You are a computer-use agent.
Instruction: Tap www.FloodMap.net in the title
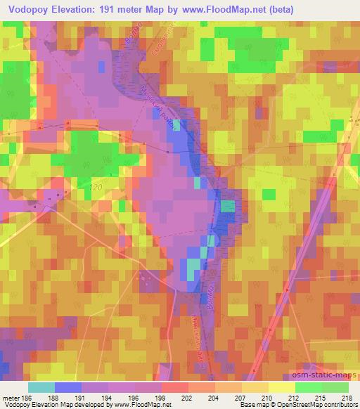[x=226, y=10]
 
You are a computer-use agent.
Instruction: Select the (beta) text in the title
[x=278, y=10]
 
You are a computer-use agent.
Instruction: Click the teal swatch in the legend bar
[x=41, y=387]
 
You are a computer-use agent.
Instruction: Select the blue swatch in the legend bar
[x=68, y=387]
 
